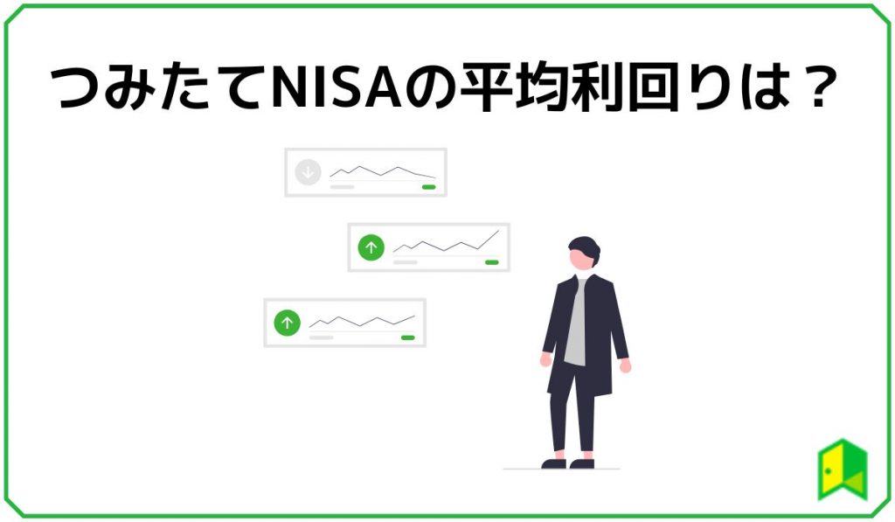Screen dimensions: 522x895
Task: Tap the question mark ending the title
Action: tap(812, 87)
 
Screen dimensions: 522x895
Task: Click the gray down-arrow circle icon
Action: tap(308, 172)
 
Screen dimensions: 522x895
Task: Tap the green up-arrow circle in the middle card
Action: tap(371, 247)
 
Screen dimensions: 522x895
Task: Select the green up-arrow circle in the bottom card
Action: tap(287, 323)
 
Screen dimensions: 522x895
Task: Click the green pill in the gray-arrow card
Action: tap(428, 187)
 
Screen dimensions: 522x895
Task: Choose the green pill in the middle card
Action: tap(491, 262)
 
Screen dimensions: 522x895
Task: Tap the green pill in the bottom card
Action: tap(407, 338)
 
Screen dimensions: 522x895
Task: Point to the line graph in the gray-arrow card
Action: tap(382, 171)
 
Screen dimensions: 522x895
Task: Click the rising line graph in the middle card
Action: tap(446, 244)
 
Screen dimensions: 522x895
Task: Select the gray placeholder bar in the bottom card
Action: tap(322, 338)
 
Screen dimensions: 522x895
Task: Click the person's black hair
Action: tap(585, 247)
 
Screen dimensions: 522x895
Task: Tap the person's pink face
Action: tap(579, 261)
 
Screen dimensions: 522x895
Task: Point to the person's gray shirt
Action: tap(576, 324)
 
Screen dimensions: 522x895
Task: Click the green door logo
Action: tap(842, 470)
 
